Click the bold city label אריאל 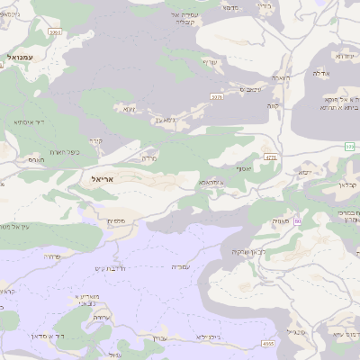pyautogui.click(x=105, y=179)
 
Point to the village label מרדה pyautogui.click(x=148, y=157)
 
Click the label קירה pyautogui.click(x=96, y=140)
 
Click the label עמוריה pyautogui.click(x=181, y=266)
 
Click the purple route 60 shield pyautogui.click(x=297, y=220)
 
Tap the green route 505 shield pyautogui.click(x=349, y=146)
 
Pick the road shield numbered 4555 pyautogui.click(x=267, y=343)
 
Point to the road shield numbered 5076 pyautogui.click(x=216, y=96)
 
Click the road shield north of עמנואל pyautogui.click(x=56, y=32)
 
